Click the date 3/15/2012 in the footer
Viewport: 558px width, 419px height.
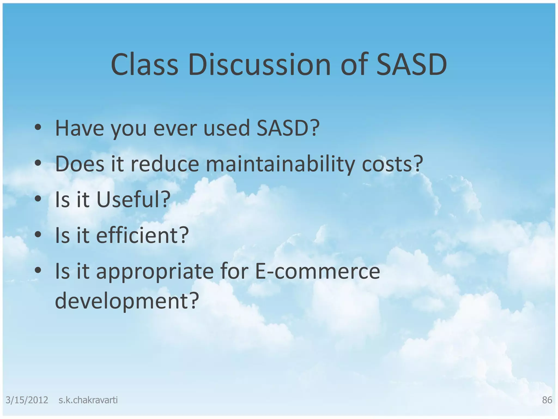(27, 400)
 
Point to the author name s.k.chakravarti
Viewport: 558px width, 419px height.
(88, 400)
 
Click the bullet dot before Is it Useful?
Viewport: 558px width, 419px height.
(38, 198)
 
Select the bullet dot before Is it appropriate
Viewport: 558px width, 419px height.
(38, 270)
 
